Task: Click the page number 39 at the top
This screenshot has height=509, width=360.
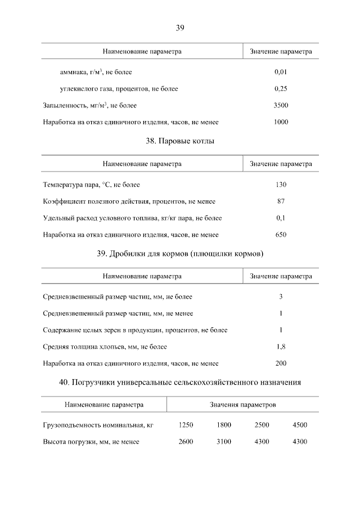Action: pos(180,27)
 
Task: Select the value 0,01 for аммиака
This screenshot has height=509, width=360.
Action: pos(281,72)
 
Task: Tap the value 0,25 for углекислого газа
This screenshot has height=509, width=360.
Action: pos(281,89)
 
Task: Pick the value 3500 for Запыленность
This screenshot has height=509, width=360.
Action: pos(281,105)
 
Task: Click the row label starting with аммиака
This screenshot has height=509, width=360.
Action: pos(96,72)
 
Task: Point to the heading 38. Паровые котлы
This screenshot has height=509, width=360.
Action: pos(180,141)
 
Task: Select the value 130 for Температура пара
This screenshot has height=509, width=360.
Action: pos(281,184)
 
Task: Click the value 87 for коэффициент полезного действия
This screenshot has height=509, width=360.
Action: pos(281,201)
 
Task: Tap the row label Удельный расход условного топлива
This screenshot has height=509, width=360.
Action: pos(132,218)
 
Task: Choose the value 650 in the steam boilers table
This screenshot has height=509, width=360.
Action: pos(281,235)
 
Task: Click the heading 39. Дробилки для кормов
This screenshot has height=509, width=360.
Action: pos(180,254)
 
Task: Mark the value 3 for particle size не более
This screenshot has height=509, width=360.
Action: pos(281,297)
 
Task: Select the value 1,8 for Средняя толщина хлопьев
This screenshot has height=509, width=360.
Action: pos(281,347)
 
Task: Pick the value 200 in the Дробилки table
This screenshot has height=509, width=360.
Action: pos(281,363)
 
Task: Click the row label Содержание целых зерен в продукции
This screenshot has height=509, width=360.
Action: pos(135,330)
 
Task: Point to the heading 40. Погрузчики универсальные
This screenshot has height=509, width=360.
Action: pos(180,383)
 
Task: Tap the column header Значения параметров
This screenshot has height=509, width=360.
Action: pos(243,405)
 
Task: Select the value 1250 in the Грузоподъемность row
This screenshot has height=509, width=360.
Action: pos(186,425)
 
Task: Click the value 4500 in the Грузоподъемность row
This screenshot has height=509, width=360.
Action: pos(300,425)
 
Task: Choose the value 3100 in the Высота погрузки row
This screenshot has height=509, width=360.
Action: pos(224,442)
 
